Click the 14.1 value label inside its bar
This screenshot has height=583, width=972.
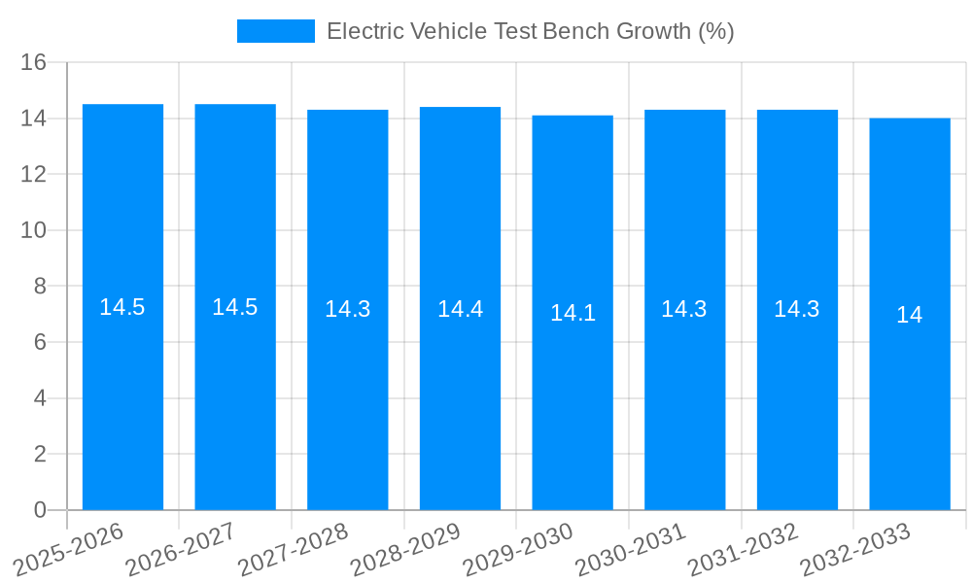point(573,313)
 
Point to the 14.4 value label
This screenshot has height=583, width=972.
point(460,309)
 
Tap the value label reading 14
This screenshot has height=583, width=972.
point(910,315)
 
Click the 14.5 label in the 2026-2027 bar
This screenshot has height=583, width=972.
point(235,307)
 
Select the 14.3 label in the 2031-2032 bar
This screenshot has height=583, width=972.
point(797,309)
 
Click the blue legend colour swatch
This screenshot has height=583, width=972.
point(276,31)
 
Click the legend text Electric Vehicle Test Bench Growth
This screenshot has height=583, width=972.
point(530,31)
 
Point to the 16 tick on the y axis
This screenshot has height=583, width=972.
point(34,63)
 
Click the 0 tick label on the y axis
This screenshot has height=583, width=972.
point(40,510)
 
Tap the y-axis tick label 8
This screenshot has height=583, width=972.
point(40,287)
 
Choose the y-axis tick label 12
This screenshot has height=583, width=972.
point(34,175)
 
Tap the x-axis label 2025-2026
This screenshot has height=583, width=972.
point(69,549)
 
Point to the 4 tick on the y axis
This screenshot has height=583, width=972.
point(40,398)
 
